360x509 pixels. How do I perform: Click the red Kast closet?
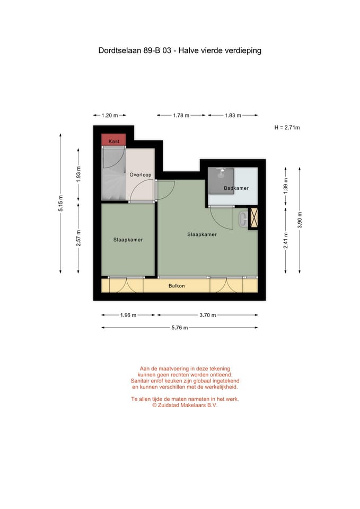[x=113, y=141]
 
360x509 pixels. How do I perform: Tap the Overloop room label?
[x=141, y=174]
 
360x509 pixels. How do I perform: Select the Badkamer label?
[x=236, y=188]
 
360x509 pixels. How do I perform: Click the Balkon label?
[x=177, y=286]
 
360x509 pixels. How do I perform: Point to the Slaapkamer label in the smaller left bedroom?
[x=128, y=240]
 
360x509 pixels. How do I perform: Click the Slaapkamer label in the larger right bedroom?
[x=202, y=234]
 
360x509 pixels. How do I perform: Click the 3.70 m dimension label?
[x=207, y=315]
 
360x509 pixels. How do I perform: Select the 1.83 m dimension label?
[x=233, y=115]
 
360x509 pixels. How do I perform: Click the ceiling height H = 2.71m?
[x=287, y=128]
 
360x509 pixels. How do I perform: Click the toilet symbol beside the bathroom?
[x=243, y=218]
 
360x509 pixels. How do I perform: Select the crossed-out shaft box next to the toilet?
[x=253, y=218]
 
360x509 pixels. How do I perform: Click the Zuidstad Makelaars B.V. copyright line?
[x=185, y=405]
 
